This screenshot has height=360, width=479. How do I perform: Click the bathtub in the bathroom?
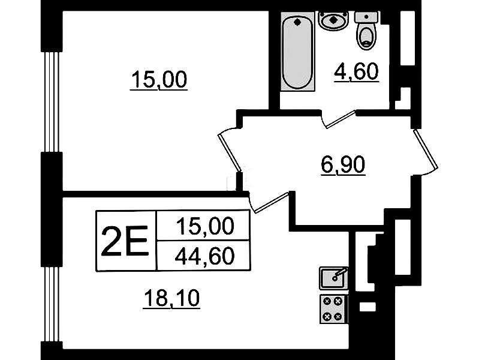pos(297,51)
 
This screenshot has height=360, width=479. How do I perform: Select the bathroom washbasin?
pos(333,21)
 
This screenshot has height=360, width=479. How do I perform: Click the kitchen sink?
pos(333,278)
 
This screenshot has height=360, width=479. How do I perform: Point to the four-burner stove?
pos(333,309)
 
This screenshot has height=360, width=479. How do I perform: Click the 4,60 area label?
pos(357,72)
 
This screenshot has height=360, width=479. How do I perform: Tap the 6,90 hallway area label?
pos(343,165)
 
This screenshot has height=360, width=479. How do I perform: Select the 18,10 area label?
pos(171,299)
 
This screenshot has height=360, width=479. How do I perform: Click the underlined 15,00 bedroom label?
pos(159,80)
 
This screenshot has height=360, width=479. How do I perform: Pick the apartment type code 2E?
pos(125,241)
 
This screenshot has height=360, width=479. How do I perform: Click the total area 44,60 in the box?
pos(204,256)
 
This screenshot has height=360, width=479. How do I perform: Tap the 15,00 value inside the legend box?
pos(204,226)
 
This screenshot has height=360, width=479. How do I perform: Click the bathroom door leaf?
pos(341,119)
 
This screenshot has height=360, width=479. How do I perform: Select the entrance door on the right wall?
pos(426,150)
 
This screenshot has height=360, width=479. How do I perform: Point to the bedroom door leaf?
pos(230,152)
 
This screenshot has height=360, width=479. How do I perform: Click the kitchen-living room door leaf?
pos(272,202)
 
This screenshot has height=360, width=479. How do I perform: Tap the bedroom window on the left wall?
pos(52,102)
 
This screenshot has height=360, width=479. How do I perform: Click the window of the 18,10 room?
pos(52,304)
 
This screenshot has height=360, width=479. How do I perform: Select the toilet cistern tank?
pos(366,17)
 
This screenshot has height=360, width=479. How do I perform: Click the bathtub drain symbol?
pos(297,22)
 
